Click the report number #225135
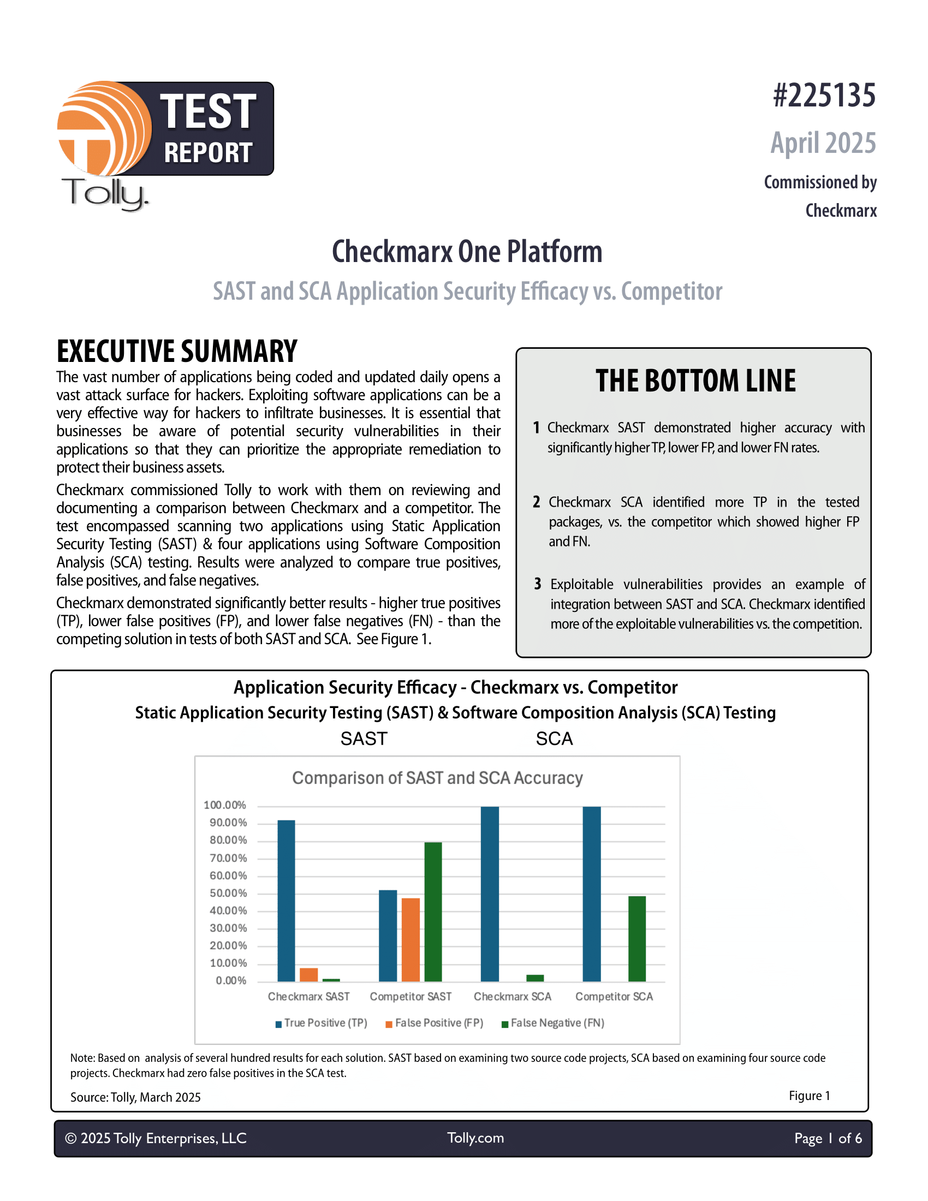pyautogui.click(x=824, y=96)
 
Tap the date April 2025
pyautogui.click(x=823, y=143)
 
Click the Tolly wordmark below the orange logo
pyautogui.click(x=104, y=194)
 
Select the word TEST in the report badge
pyautogui.click(x=208, y=111)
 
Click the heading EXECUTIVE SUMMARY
pyautogui.click(x=176, y=352)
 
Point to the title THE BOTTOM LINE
pyautogui.click(x=695, y=381)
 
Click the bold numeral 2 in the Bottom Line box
pyautogui.click(x=536, y=502)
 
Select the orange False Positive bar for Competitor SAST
pyautogui.click(x=411, y=940)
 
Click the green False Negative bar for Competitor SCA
pyautogui.click(x=636, y=939)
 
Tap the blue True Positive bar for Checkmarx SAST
pyautogui.click(x=287, y=900)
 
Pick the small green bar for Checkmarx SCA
pyautogui.click(x=535, y=978)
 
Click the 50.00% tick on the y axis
pyautogui.click(x=228, y=893)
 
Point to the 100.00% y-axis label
pyautogui.click(x=225, y=805)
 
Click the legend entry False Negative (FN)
pyautogui.click(x=556, y=1023)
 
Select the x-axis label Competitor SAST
pyautogui.click(x=411, y=996)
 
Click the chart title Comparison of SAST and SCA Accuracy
pyautogui.click(x=437, y=778)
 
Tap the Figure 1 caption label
pyautogui.click(x=808, y=1096)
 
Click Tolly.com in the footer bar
pyautogui.click(x=475, y=1138)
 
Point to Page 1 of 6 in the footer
pyautogui.click(x=828, y=1138)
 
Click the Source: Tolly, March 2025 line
pyautogui.click(x=135, y=1097)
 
